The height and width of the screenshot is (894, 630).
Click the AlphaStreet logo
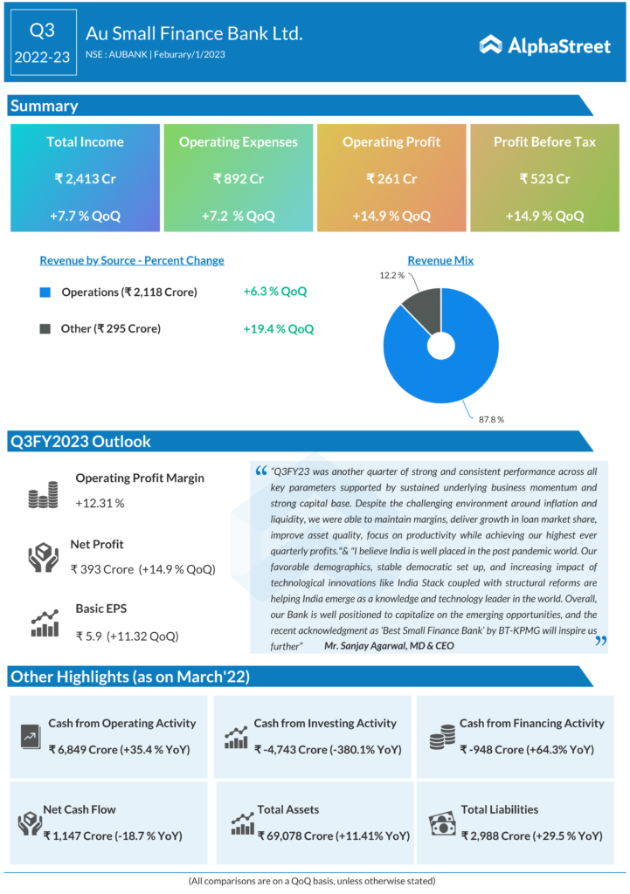[x=545, y=45]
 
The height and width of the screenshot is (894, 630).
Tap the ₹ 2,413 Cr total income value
[x=85, y=179]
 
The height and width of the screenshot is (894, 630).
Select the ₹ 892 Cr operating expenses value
[x=238, y=179]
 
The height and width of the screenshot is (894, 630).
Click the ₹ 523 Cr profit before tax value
[x=544, y=179]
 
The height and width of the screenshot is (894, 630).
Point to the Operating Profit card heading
[x=392, y=141]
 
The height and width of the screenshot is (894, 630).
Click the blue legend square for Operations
[x=45, y=292]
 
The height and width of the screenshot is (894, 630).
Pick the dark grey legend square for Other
[x=45, y=329]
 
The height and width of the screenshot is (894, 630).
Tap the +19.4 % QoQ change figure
[x=278, y=329]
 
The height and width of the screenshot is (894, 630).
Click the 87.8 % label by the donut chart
[x=491, y=419]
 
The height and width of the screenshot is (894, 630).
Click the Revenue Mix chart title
[x=440, y=260]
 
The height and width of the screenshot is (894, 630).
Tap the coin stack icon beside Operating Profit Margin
[x=42, y=496]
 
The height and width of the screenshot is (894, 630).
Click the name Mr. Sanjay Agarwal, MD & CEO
[x=389, y=645]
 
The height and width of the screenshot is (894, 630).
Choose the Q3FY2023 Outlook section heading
[x=80, y=442]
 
